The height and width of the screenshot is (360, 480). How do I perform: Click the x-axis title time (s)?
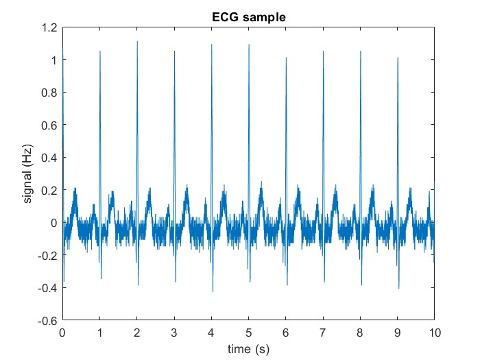point(248,349)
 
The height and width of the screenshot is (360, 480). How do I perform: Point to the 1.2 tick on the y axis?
point(50,28)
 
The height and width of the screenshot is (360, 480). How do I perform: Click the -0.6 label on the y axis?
point(49,320)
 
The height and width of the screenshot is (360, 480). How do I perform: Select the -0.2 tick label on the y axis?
point(49,256)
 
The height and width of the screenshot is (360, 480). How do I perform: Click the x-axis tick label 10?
point(434,333)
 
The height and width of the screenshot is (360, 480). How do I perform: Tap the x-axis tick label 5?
point(248,333)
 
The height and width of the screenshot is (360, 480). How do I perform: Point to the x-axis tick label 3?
point(174,333)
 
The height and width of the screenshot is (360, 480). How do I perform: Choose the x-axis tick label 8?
point(360,333)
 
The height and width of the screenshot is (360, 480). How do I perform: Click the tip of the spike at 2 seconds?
point(137,42)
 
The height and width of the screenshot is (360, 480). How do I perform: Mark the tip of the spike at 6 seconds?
point(286,58)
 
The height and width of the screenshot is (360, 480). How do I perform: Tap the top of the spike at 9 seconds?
point(398,58)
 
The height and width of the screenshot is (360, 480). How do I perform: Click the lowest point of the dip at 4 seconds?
point(213,291)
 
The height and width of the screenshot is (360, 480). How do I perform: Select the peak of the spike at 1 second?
point(100,51)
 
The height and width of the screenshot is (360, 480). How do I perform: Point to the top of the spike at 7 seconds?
point(323,51)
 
